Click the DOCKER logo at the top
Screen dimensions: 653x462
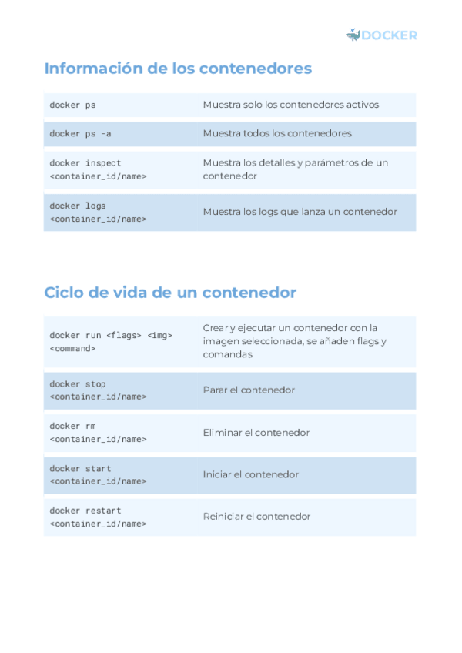[382, 35]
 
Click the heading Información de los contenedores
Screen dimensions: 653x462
[178, 69]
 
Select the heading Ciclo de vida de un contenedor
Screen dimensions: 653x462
[170, 293]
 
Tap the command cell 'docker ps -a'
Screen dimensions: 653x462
[81, 133]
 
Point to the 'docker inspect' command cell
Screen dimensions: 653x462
[98, 169]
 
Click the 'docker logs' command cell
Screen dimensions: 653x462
[98, 212]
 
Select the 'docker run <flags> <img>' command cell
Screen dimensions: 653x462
[111, 341]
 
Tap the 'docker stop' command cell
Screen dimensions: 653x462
[98, 390]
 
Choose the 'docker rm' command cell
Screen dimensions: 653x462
[98, 432]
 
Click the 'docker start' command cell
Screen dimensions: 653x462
[98, 474]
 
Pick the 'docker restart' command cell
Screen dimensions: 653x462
[98, 517]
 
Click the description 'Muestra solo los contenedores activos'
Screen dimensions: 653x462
[290, 105]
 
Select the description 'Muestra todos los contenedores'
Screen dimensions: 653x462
[277, 133]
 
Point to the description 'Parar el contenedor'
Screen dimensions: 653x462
[249, 390]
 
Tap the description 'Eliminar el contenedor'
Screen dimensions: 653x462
[256, 433]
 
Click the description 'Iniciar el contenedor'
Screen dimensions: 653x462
[250, 474]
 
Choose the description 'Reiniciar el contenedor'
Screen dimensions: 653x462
[256, 517]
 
